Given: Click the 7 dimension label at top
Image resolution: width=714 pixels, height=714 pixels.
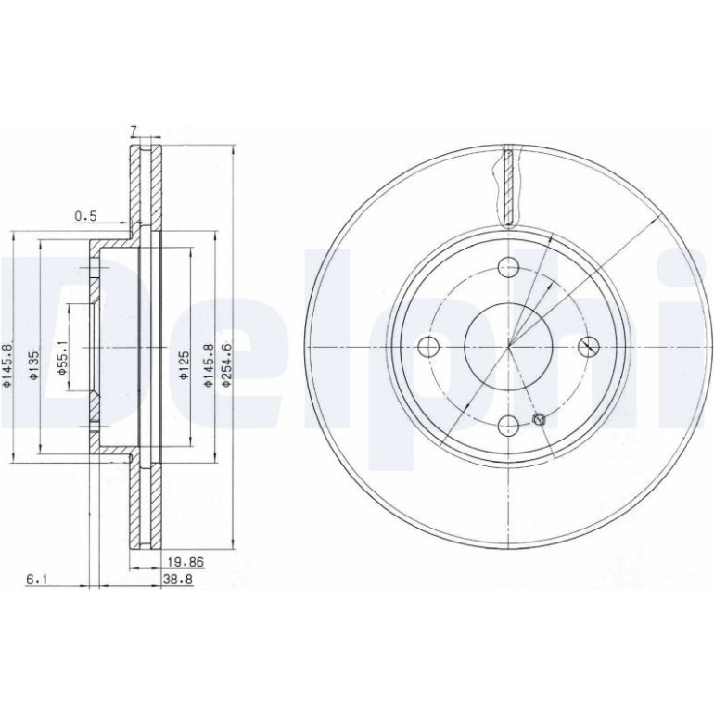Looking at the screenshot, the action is click(134, 131).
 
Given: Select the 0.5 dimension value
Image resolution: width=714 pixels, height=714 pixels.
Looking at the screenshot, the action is click(86, 216).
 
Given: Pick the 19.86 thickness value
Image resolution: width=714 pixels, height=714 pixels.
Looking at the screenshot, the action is click(185, 562).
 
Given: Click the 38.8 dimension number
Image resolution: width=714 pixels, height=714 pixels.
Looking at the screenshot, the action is click(178, 580).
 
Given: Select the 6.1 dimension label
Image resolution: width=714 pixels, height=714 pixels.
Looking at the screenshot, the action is click(37, 580).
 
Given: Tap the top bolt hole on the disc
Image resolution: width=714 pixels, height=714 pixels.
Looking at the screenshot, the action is click(509, 267).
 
